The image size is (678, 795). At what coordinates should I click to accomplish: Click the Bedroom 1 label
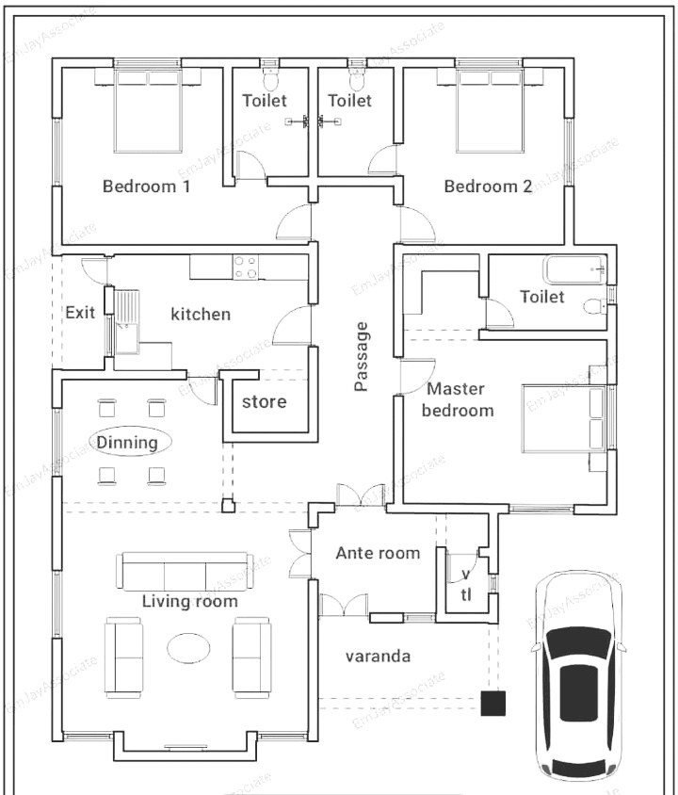point(147,187)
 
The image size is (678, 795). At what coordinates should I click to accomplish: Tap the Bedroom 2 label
point(488,187)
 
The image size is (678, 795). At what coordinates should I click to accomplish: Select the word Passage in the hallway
point(361,356)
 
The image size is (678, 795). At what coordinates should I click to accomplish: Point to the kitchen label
point(201,314)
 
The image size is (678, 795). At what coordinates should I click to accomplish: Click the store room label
point(264,401)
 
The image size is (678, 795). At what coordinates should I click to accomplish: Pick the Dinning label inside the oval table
point(127,442)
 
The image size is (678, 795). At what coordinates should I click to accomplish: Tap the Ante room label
point(378,553)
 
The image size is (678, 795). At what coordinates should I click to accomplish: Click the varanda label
point(378,657)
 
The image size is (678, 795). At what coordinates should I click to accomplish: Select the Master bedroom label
point(458,399)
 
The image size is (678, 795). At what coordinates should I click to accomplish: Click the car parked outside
point(580,678)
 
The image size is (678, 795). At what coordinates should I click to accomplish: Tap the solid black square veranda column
point(493,704)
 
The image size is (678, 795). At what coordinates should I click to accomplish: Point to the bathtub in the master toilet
point(574,270)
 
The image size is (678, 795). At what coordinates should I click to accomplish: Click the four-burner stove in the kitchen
point(245,268)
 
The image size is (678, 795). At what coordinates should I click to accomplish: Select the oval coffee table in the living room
point(188,648)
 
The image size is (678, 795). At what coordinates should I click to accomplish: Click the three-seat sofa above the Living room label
point(185,572)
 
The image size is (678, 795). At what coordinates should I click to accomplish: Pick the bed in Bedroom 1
point(148,110)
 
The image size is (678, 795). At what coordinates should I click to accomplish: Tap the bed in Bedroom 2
point(490,110)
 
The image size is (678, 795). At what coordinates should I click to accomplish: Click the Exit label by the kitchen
point(80,313)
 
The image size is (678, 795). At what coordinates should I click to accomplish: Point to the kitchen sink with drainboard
point(126,322)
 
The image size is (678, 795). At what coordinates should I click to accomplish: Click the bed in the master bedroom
point(564,418)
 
